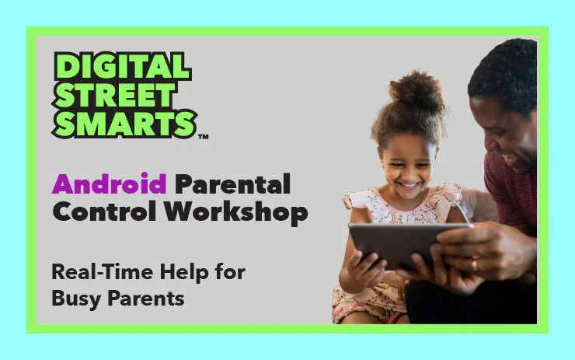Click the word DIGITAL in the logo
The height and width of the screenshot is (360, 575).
click(123, 68)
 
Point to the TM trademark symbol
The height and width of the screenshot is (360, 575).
click(204, 138)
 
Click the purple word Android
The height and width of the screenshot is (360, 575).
click(109, 185)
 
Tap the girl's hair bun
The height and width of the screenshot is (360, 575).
click(416, 92)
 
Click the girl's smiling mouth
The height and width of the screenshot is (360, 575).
click(409, 187)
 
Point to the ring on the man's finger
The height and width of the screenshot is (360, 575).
click(475, 265)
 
